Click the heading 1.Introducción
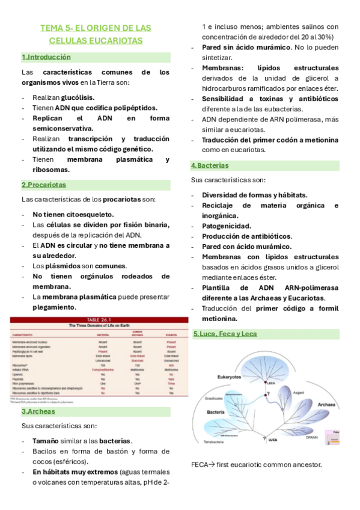tap(46, 57)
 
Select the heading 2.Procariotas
tap(44, 185)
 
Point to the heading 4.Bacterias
tap(210, 165)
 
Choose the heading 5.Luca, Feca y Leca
tap(225, 334)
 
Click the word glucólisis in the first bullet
tap(78, 97)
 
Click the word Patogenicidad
tap(227, 226)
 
